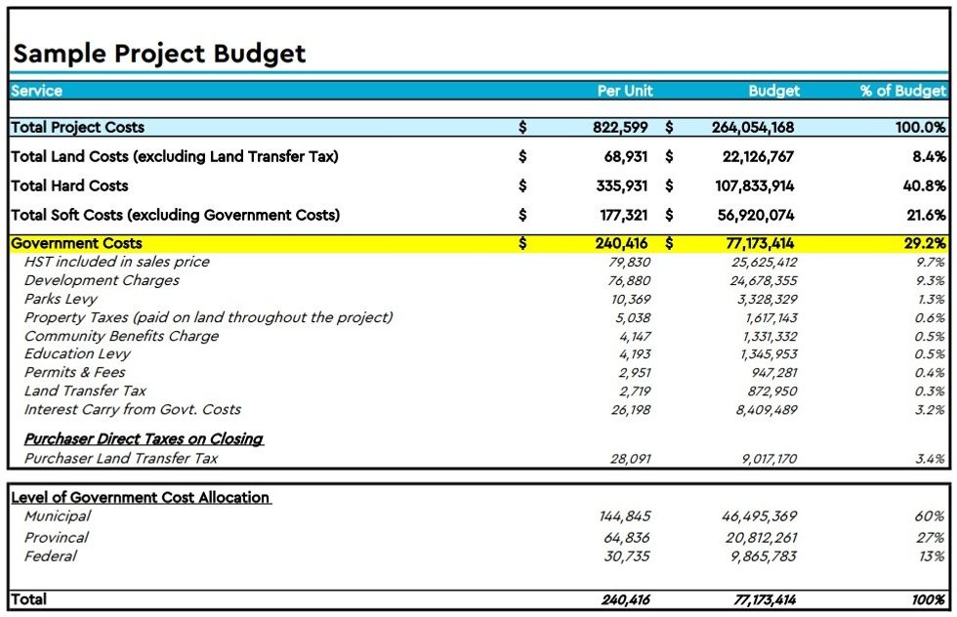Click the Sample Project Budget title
tap(159, 53)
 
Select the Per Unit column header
tap(624, 91)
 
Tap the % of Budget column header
tap(902, 91)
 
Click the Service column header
tap(37, 91)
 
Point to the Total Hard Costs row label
tap(69, 185)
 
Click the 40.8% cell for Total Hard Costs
tap(925, 185)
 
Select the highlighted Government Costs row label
tap(76, 244)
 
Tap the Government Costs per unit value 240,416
tap(622, 244)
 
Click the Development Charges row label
tap(102, 281)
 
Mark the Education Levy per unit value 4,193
tap(634, 354)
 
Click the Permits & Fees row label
tap(75, 373)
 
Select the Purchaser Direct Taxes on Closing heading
tap(144, 439)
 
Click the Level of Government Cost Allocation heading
tap(141, 498)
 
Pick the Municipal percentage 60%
tap(933, 517)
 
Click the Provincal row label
tap(57, 538)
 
